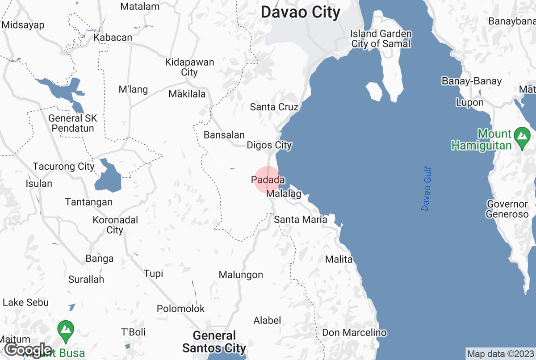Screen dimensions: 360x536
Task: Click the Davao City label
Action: (x=301, y=13)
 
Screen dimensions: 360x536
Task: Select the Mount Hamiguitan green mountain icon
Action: (x=521, y=134)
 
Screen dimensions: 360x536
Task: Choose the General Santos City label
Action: (x=214, y=342)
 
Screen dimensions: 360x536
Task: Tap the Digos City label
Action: (x=269, y=145)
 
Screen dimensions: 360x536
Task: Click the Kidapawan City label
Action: (x=190, y=67)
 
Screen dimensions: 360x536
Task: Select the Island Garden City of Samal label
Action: (x=381, y=39)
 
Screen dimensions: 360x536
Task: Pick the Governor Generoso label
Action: (x=507, y=209)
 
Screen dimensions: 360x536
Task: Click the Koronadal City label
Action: (x=115, y=225)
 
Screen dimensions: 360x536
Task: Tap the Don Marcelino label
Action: (x=354, y=333)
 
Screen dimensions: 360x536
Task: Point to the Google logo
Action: (x=29, y=349)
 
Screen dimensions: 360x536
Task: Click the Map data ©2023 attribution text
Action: (x=500, y=354)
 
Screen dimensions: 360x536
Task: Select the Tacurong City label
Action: (x=63, y=167)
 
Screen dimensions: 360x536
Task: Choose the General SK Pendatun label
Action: (x=73, y=123)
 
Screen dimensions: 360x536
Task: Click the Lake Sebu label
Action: (x=25, y=302)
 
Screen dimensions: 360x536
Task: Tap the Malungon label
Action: (x=241, y=275)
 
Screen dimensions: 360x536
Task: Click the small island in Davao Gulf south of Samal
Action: (x=374, y=92)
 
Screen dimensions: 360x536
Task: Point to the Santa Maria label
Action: (x=301, y=219)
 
